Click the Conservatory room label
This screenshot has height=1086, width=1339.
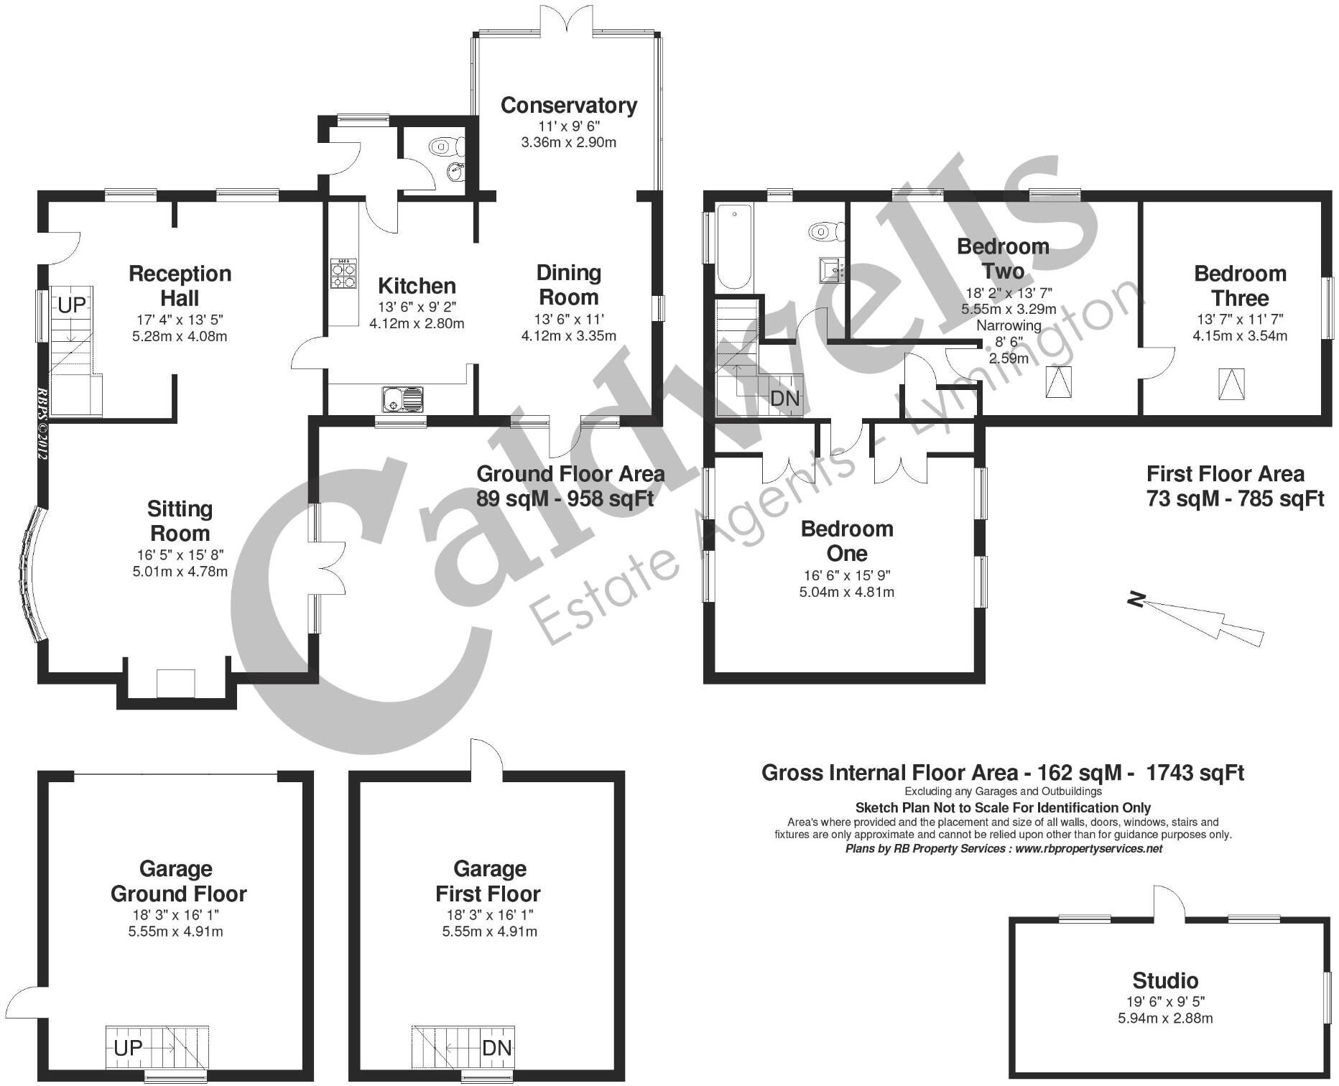coord(568,106)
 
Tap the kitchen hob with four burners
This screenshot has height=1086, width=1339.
coord(343,274)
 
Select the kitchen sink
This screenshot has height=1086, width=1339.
coord(403,399)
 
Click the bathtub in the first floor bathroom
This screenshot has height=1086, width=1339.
coord(733,246)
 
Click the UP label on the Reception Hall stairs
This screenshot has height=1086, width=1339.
coord(71,305)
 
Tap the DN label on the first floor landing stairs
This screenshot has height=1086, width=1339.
coord(784,398)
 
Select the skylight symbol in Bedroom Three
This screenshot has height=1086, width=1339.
coord(1231,384)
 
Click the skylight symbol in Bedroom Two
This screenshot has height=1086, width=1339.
coord(1058,382)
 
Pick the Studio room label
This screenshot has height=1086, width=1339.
coord(1165,980)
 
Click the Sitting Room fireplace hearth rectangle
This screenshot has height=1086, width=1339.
coord(176,683)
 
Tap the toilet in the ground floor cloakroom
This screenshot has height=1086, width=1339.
coord(441,147)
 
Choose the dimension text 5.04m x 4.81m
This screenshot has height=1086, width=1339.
coord(846,593)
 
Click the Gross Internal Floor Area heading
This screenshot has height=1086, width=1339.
coord(1002,773)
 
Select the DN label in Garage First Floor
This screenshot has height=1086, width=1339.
coord(497,1048)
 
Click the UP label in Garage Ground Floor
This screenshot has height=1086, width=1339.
coord(129,1048)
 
